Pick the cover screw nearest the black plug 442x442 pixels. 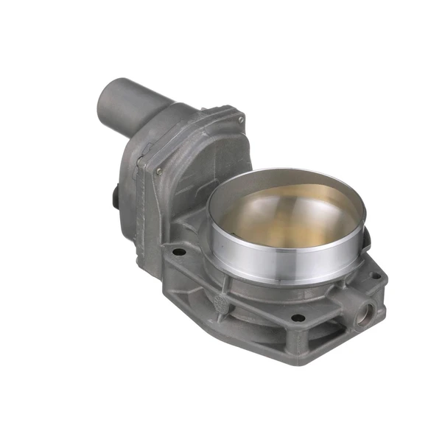[x=158, y=171]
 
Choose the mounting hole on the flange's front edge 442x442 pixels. [x=298, y=318]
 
